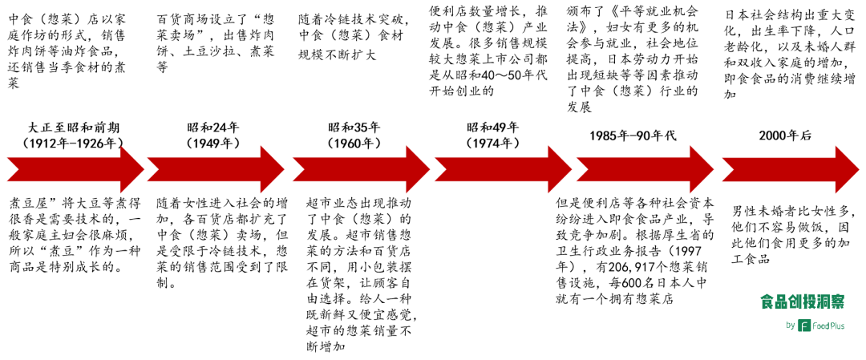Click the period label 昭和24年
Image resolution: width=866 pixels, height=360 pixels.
click(x=212, y=127)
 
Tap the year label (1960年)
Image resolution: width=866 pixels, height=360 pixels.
click(x=354, y=143)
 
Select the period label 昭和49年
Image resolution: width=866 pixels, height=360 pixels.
click(x=493, y=127)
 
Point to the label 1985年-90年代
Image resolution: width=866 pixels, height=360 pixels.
click(x=633, y=135)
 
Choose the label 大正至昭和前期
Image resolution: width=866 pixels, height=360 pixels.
click(x=74, y=127)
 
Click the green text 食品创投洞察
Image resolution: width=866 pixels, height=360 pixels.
click(x=802, y=301)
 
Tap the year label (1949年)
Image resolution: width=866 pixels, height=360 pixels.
click(x=212, y=143)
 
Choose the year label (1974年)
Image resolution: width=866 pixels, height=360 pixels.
click(x=493, y=143)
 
